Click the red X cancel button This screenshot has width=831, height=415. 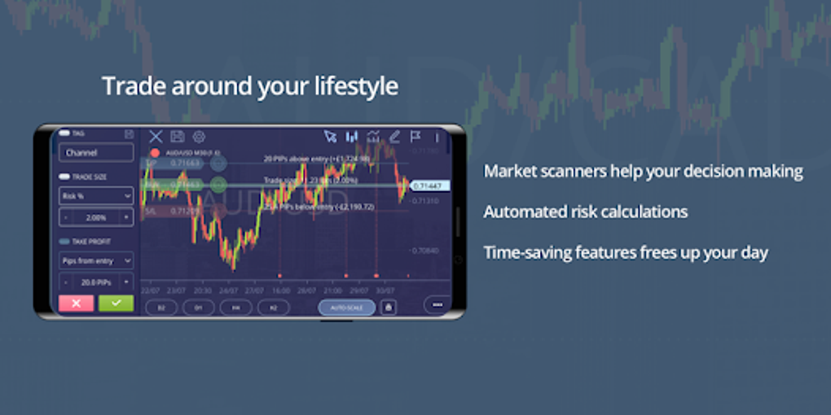[x=77, y=303]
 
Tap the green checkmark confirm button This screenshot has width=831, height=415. [x=116, y=303]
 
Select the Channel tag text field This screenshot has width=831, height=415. [x=96, y=152]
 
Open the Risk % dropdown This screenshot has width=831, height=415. [x=96, y=196]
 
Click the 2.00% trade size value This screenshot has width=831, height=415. [x=95, y=217]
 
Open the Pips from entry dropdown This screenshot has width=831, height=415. [x=96, y=260]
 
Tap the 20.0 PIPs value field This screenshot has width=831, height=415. [x=95, y=282]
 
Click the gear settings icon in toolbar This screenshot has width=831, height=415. [x=199, y=137]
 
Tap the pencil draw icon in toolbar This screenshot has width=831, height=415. [x=395, y=137]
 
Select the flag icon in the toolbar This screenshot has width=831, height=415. [x=415, y=137]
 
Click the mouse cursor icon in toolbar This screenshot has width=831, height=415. [x=330, y=137]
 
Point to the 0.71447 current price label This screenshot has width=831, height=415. [x=427, y=186]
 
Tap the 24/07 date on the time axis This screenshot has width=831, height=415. [x=229, y=290]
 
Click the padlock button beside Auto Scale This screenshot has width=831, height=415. [x=388, y=308]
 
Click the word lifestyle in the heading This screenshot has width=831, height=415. [x=358, y=86]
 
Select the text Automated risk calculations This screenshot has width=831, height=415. [x=585, y=212]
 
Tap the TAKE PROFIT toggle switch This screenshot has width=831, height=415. [x=64, y=241]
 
